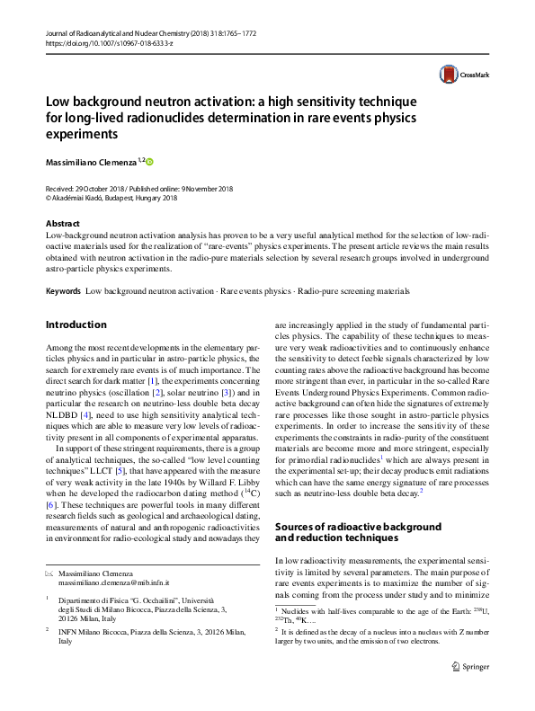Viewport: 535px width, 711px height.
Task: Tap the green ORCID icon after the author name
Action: [150, 161]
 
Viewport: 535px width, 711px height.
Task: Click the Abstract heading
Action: [62, 223]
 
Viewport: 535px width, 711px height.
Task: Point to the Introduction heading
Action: [76, 324]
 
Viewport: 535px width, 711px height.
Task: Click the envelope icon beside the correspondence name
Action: [49, 573]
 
